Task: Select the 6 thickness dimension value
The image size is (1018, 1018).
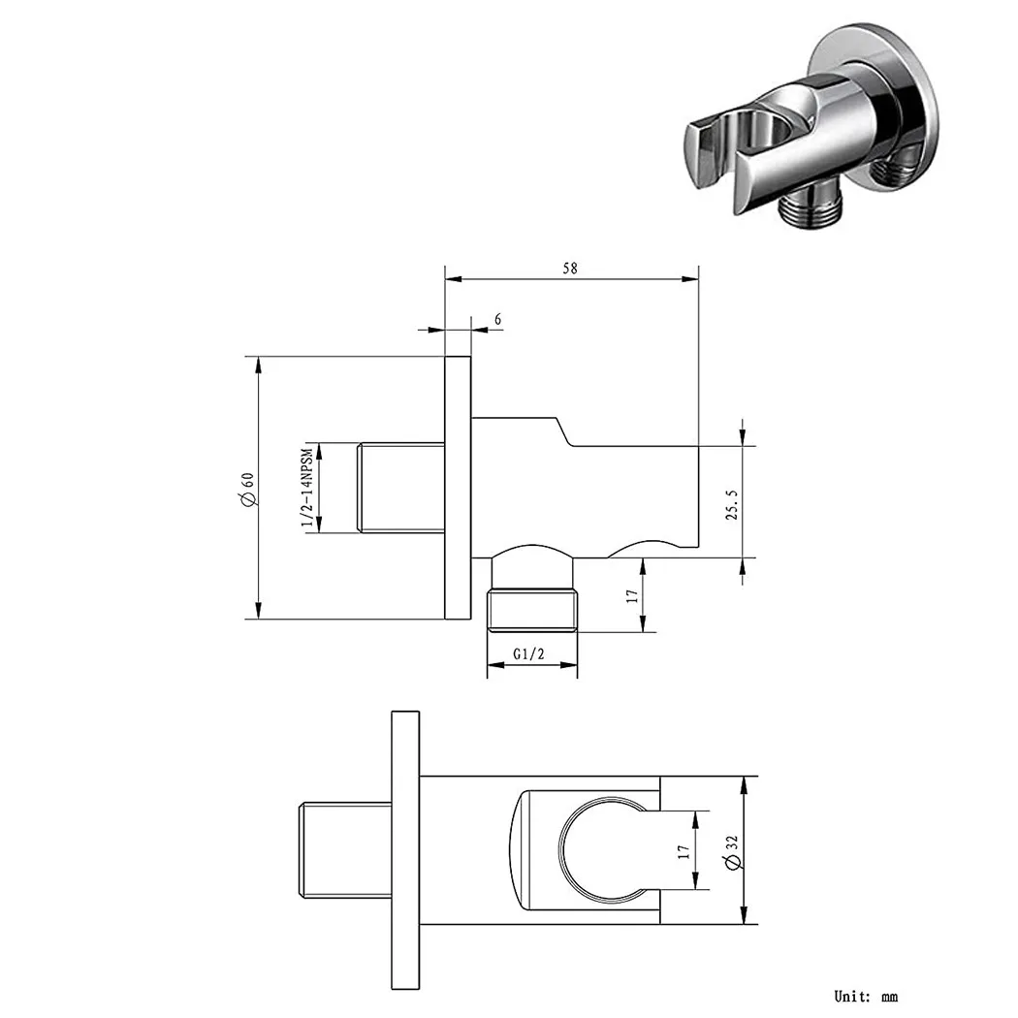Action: tap(497, 318)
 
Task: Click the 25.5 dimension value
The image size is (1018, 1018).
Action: tap(733, 504)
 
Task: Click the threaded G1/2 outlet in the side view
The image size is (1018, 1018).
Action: tap(533, 609)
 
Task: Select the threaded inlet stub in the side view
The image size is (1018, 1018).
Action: tap(401, 488)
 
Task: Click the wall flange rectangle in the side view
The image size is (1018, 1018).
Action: tap(458, 488)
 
